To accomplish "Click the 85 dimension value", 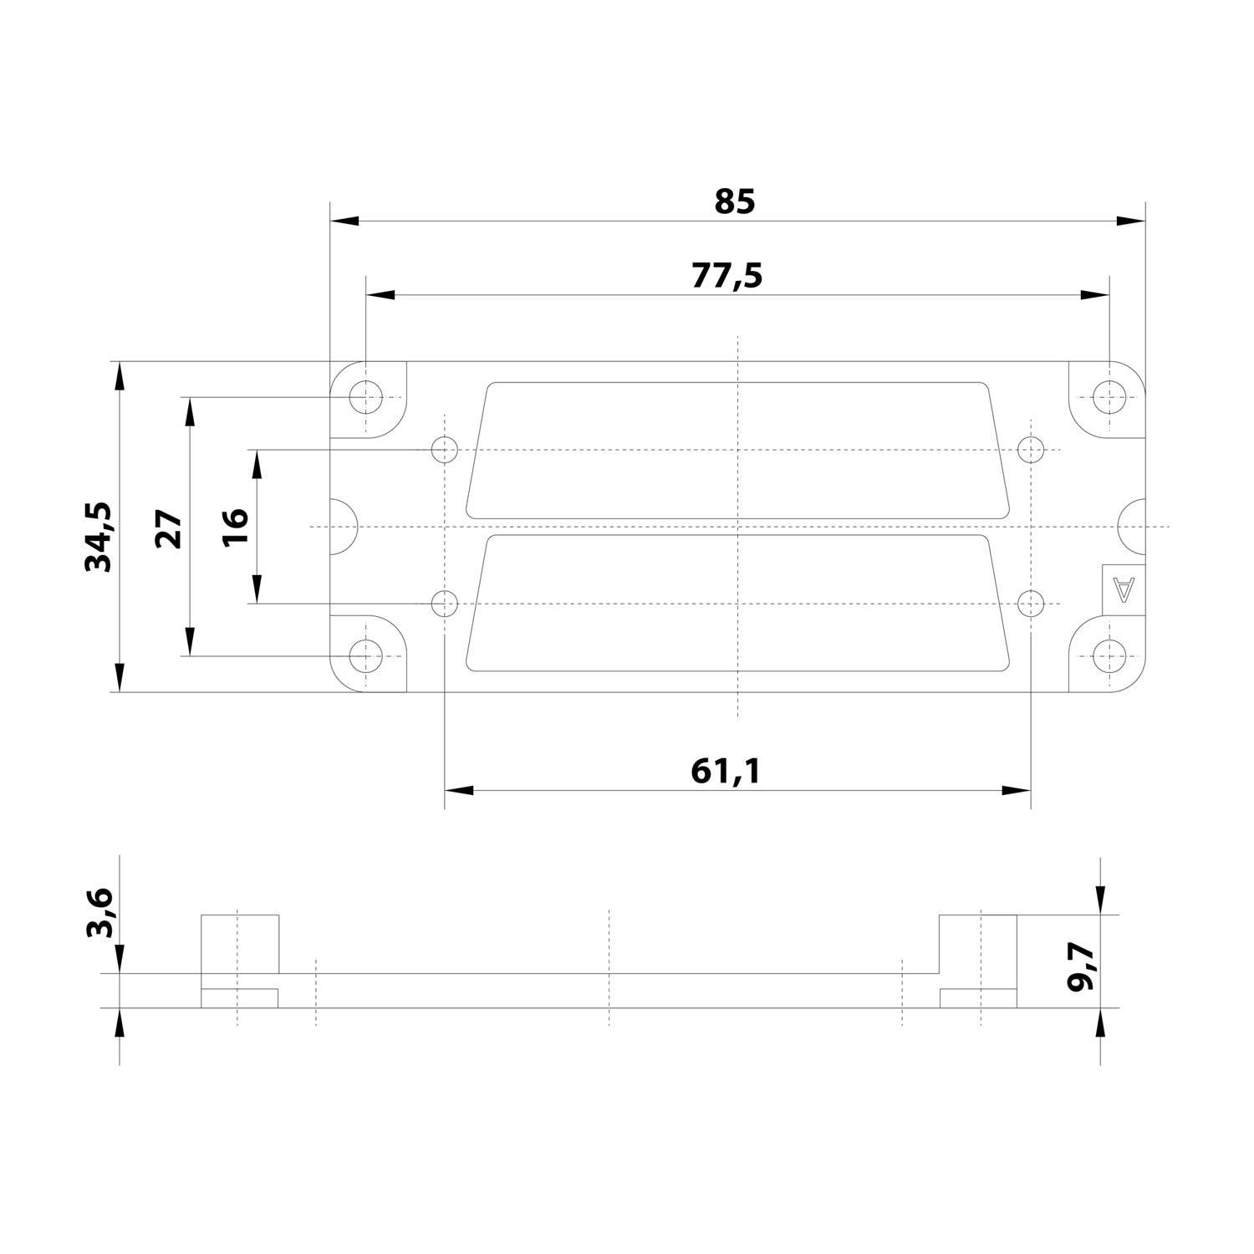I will point(735,201).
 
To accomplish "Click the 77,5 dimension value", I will point(726,275).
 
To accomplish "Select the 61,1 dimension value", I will point(726,771).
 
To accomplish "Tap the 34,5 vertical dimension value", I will point(99,537).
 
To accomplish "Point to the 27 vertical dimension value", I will point(170,528).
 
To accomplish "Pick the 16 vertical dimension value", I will point(237,527).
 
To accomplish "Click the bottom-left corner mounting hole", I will point(365,656).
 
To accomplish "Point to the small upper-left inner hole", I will point(445,450).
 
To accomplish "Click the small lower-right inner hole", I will point(1032,604).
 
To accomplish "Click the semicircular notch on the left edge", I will point(343,528).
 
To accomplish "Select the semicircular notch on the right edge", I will point(1132,528).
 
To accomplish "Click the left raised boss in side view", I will point(240,945).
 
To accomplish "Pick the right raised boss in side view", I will point(978,945).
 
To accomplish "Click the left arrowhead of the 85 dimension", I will point(344,221).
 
